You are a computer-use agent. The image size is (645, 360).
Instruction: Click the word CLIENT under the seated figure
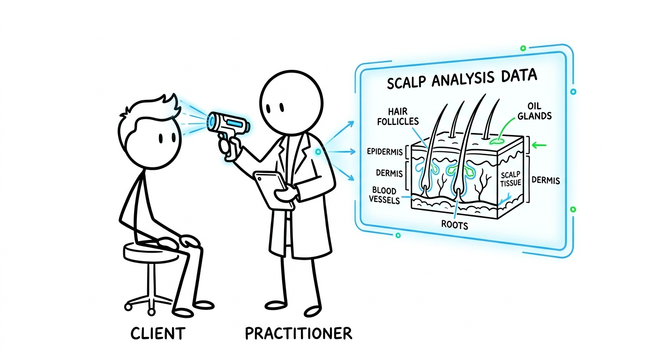coord(158,334)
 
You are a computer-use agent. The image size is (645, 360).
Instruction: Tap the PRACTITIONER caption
coord(298,334)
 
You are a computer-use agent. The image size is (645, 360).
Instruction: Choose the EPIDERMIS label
coord(382,152)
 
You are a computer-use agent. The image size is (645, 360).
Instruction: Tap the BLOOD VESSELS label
coord(384,195)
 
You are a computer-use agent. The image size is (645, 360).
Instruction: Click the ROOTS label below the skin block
coord(455,225)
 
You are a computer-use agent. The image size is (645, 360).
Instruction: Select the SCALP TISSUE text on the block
coord(510,179)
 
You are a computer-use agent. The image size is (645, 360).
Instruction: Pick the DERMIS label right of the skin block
coord(546,180)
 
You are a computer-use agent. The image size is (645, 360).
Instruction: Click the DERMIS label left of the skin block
coord(389,173)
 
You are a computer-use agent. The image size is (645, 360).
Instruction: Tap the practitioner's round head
coord(292,101)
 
